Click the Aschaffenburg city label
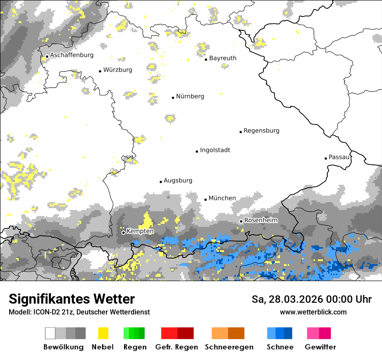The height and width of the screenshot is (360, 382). tap(72, 55)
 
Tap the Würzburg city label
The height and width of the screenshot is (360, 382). tap(118, 70)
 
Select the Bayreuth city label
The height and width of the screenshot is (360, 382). tap(223, 58)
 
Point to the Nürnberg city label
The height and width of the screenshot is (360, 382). tap(190, 96)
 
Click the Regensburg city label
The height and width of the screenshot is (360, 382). tap(261, 131)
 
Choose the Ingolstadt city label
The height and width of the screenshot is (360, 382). tap(215, 150)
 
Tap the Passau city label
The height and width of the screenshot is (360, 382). tap(339, 157)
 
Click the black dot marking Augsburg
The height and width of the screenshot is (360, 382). tap(161, 182)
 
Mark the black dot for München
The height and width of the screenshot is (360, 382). tap(206, 200)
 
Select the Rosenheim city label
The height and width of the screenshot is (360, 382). tap(260, 220)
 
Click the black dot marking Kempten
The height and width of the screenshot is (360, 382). tap(123, 232)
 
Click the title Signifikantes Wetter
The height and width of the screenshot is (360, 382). tap(72, 299)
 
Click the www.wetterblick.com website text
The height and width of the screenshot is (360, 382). tap(313, 312)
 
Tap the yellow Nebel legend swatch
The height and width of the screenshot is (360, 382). tap(103, 333)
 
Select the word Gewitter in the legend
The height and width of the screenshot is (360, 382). tap(320, 347)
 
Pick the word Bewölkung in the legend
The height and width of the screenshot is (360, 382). tap(63, 347)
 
